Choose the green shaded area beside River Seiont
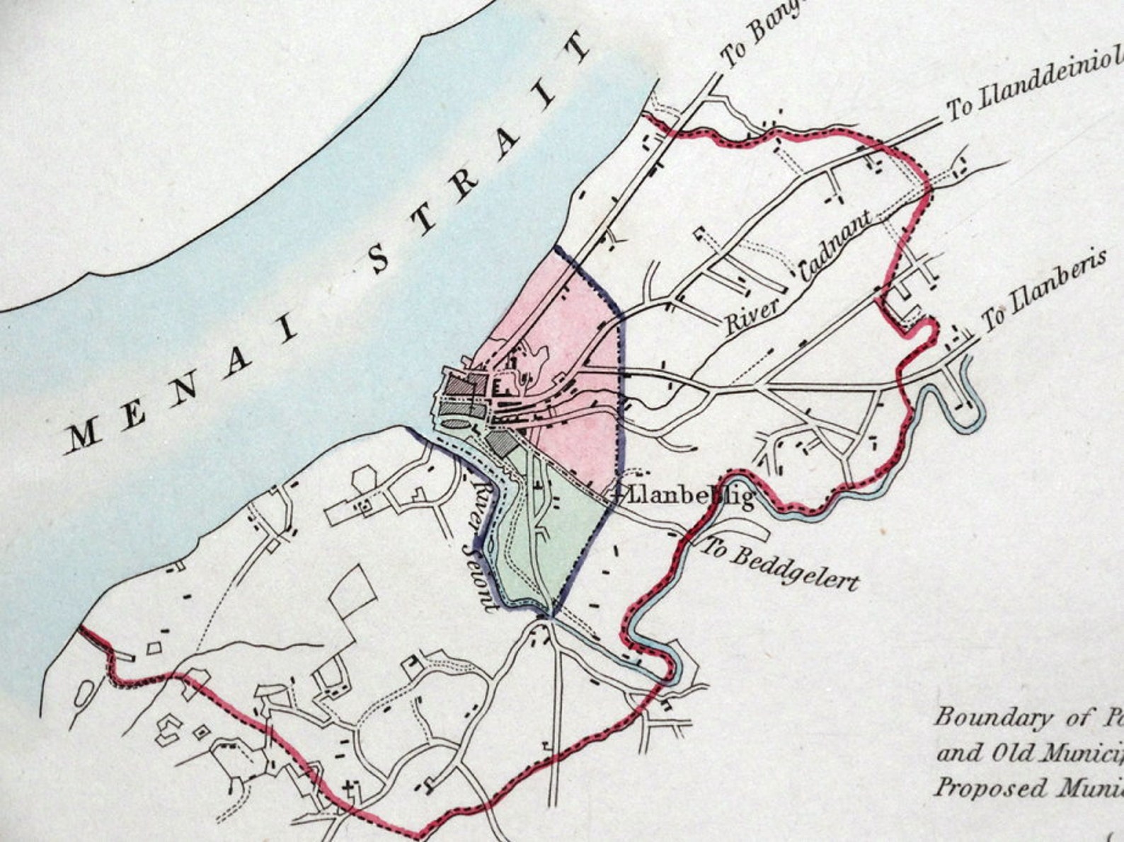coord(566,531)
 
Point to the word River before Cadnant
coord(752,316)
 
